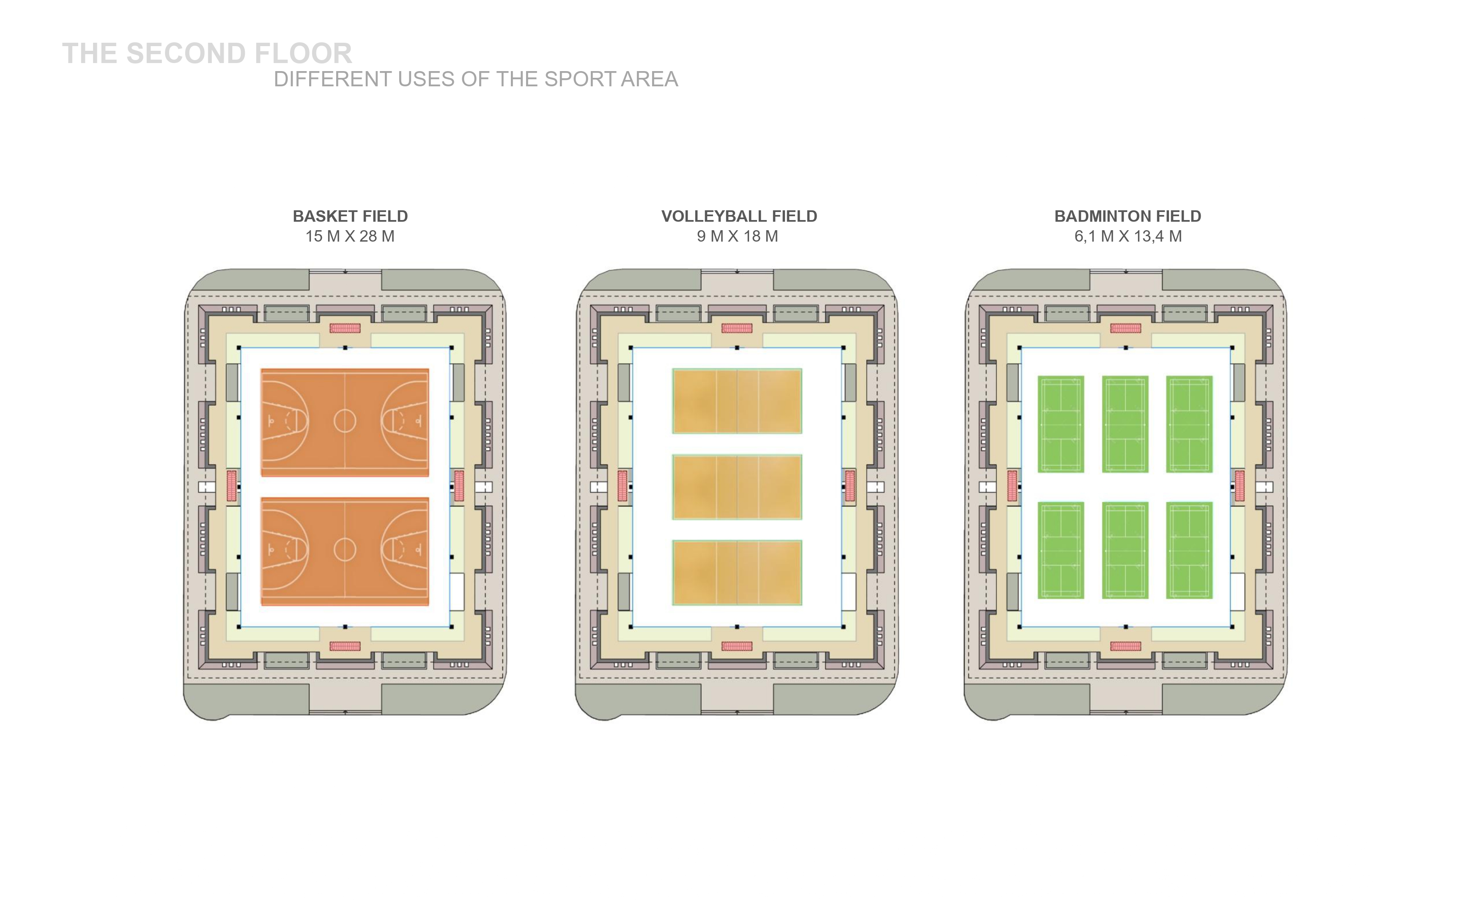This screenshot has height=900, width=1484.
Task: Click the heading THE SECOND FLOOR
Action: click(207, 54)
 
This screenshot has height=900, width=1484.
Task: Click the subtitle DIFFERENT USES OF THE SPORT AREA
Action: click(476, 79)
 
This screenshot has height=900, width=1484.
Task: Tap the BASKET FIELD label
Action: click(350, 216)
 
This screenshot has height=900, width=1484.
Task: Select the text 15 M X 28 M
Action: click(350, 236)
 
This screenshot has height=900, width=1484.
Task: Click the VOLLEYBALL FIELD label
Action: click(739, 216)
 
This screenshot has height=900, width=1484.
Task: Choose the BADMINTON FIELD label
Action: click(1127, 216)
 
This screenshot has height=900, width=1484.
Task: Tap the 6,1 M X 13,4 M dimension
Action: click(1128, 236)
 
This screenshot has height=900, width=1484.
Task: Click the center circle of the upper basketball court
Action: click(345, 421)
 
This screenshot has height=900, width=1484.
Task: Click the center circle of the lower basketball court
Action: click(345, 549)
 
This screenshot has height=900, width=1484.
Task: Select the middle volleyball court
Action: click(737, 487)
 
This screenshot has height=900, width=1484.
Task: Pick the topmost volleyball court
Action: click(737, 401)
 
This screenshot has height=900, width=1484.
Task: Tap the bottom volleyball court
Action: click(737, 572)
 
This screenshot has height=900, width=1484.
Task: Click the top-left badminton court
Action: click(1061, 424)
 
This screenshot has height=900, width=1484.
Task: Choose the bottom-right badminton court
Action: click(1189, 550)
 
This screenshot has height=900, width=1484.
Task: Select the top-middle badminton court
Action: click(1125, 424)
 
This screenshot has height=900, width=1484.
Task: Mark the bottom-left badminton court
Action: click(1061, 550)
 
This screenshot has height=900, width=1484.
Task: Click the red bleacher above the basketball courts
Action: click(345, 328)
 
